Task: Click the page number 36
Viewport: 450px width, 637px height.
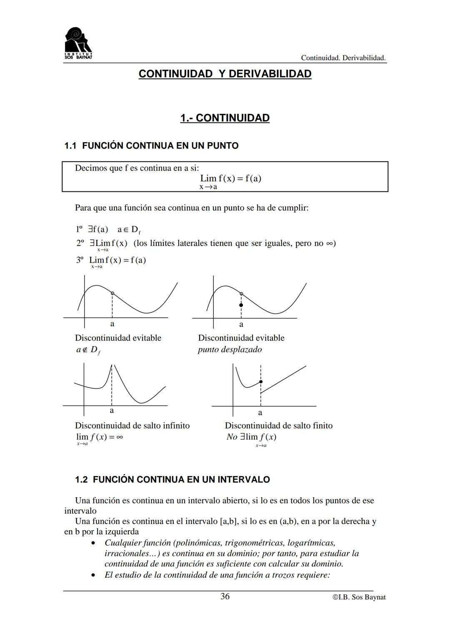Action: [x=225, y=597]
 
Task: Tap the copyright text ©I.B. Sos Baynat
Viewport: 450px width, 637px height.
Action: [x=359, y=597]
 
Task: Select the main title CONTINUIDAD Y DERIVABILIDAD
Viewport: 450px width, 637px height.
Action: [x=225, y=74]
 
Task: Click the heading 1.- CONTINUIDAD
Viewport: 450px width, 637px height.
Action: [x=225, y=118]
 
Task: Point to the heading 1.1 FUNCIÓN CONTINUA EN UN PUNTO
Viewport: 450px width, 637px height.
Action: [x=151, y=146]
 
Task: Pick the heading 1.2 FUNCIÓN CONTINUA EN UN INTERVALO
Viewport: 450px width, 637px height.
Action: [x=172, y=479]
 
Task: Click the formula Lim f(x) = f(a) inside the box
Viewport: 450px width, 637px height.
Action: [x=230, y=179]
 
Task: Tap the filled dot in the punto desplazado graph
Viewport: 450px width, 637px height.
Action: [x=241, y=305]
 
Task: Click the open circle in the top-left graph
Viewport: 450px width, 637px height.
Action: [x=112, y=293]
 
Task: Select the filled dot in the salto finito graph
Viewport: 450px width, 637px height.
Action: [x=261, y=381]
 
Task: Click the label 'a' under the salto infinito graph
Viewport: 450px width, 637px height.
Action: [x=112, y=411]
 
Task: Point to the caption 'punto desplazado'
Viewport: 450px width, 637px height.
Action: [x=230, y=349]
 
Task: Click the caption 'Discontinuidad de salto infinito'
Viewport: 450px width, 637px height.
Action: [x=132, y=426]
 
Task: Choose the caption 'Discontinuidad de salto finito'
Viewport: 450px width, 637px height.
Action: [x=278, y=426]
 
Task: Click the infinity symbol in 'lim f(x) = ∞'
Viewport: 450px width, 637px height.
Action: [x=119, y=437]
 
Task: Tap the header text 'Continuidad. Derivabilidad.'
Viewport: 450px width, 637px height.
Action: [x=343, y=58]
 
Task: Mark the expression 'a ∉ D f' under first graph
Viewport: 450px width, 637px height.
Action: [x=87, y=350]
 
